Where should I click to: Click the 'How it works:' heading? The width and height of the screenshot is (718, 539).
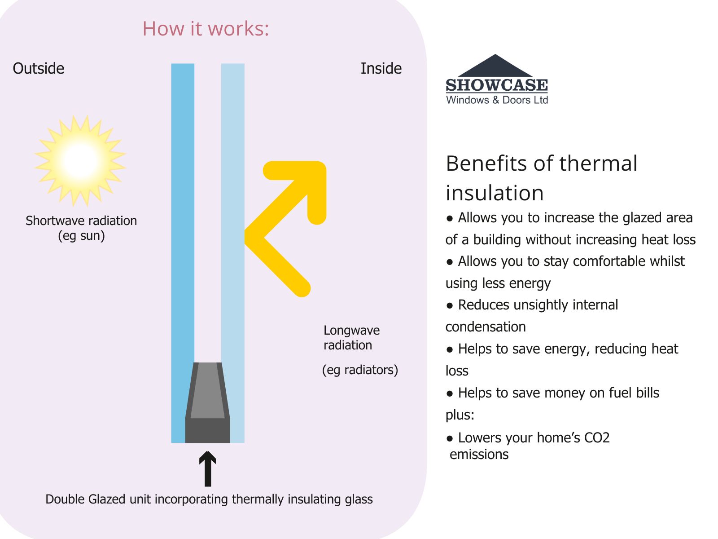pos(206,28)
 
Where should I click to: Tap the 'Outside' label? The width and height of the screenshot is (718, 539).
pos(38,68)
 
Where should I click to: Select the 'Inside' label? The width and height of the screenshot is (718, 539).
pos(381,68)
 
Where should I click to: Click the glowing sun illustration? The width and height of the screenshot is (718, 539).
pos(80,161)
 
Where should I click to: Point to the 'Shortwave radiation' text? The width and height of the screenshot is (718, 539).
pos(81,221)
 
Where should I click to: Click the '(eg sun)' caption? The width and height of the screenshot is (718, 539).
pos(82,236)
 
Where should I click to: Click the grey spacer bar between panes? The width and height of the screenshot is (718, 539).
pos(207,402)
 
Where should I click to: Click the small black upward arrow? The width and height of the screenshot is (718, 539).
pos(207,468)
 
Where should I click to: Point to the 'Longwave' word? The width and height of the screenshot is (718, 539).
pos(352,331)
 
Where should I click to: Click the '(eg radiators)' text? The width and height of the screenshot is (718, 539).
pos(360,370)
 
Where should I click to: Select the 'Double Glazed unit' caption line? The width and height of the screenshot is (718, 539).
pos(209,499)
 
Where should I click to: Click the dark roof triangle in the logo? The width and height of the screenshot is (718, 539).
pos(495,66)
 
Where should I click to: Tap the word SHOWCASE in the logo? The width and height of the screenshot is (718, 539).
pos(497,85)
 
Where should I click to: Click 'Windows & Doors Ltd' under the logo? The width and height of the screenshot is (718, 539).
pos(497,100)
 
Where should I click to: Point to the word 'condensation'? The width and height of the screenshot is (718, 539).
pos(486,327)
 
